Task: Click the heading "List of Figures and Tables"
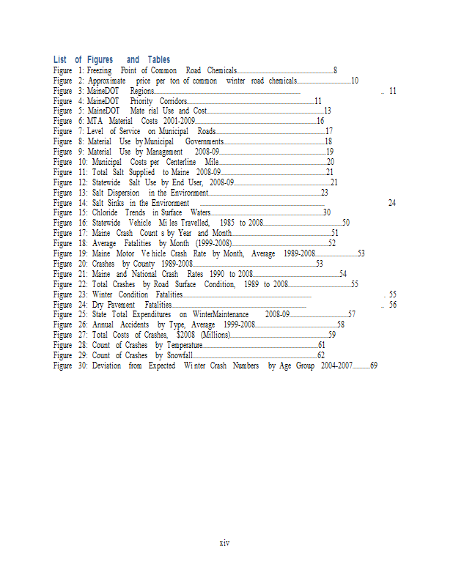tap(111, 59)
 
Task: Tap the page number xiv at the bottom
tap(225, 543)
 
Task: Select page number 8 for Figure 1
tap(335, 70)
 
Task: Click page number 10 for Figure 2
tap(355, 81)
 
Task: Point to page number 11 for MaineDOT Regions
tap(392, 91)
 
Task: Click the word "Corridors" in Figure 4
tap(168, 101)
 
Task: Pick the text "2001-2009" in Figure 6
tap(178, 121)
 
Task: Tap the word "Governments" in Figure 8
tap(205, 141)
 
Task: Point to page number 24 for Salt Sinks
tap(392, 203)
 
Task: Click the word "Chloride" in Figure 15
tap(106, 212)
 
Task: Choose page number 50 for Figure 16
tap(346, 223)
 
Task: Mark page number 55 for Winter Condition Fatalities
tap(393, 294)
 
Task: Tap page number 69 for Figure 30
tap(374, 366)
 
